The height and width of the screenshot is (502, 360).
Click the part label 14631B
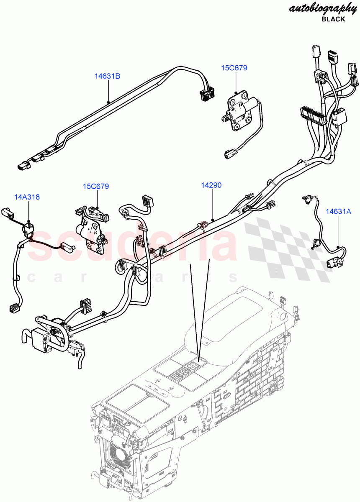click(107, 76)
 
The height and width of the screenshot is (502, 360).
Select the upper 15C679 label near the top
click(235, 68)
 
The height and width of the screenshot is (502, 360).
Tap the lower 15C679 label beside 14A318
click(96, 186)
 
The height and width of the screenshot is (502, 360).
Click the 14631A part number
click(339, 212)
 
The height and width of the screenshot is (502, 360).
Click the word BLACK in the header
click(333, 19)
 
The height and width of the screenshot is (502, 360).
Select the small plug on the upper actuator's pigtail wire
click(229, 154)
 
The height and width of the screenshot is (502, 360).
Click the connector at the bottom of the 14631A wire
click(335, 263)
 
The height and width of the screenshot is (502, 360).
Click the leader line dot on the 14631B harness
click(108, 102)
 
